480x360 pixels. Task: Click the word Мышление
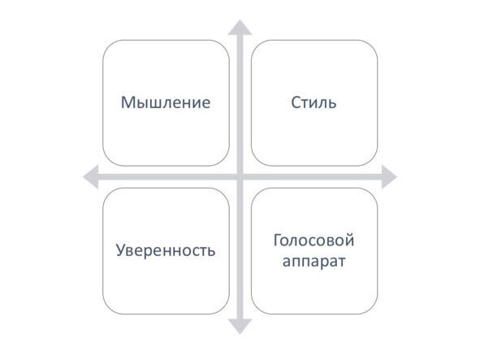click(166, 102)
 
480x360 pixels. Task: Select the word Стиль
click(314, 102)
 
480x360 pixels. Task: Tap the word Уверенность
click(166, 250)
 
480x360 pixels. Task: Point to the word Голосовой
click(314, 241)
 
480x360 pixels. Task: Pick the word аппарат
click(314, 262)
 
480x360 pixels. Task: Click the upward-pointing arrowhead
click(240, 28)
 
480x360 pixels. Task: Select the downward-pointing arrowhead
click(240, 327)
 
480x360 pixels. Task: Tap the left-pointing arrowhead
click(91, 177)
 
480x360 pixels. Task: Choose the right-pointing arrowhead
click(389, 177)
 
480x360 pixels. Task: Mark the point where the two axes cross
click(240, 177)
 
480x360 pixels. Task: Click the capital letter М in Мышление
click(128, 102)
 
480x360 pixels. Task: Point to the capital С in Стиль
click(296, 102)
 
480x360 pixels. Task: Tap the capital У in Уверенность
click(121, 250)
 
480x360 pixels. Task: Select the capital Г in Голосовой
click(278, 241)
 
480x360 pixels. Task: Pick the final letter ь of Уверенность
click(211, 252)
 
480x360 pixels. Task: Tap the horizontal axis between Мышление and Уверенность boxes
click(166, 177)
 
